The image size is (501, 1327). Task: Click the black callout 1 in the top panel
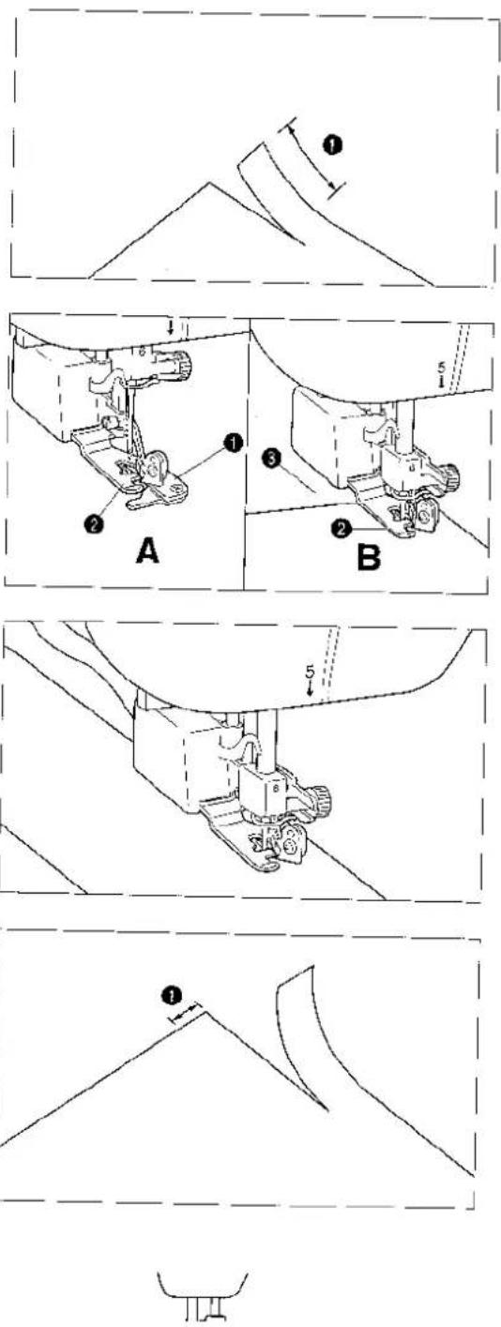click(333, 144)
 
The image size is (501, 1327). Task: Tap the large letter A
click(148, 552)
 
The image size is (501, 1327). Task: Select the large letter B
click(368, 557)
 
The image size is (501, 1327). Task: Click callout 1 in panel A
click(234, 443)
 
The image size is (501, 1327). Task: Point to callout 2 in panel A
click(94, 523)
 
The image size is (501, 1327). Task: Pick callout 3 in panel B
click(271, 460)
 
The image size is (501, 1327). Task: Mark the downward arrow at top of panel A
click(171, 327)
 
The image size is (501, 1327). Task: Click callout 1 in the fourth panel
click(172, 996)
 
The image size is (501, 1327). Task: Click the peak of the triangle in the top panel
click(208, 182)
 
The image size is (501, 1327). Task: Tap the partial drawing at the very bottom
click(202, 1297)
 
